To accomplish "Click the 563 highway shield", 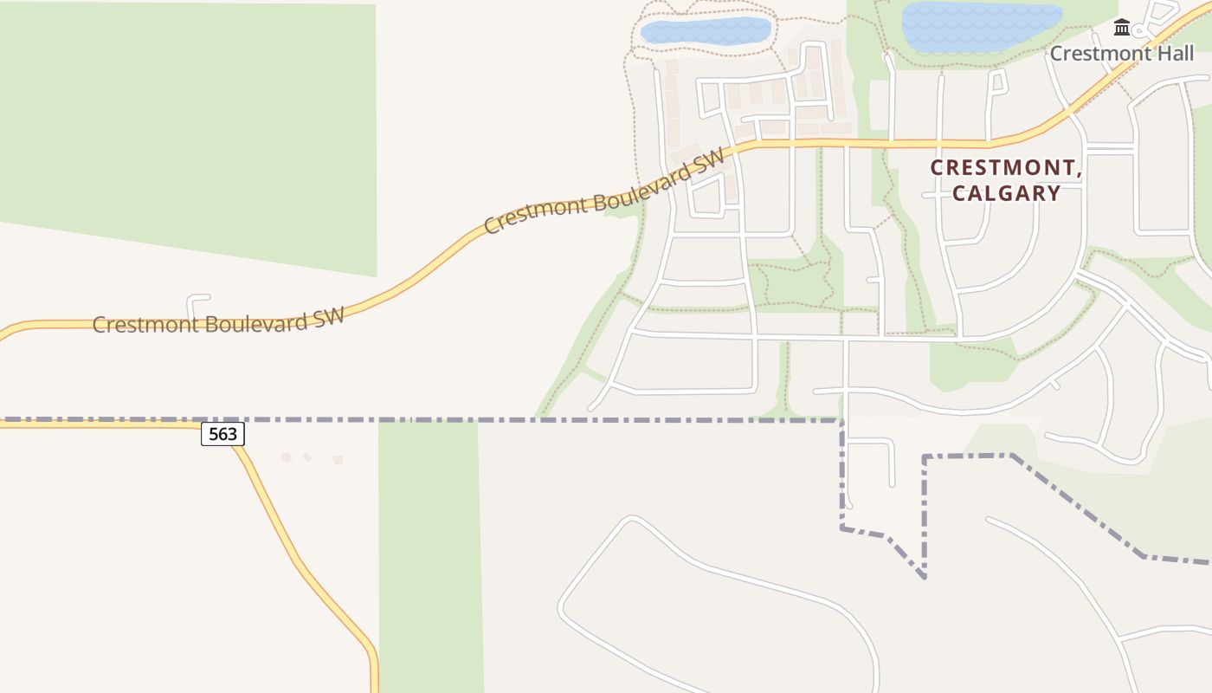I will [222, 434].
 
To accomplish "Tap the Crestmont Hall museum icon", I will [1122, 28].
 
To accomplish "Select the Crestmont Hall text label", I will [1122, 54].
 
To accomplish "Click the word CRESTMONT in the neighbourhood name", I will [1006, 168].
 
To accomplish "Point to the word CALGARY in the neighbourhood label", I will [1007, 193].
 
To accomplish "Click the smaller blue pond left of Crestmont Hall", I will [706, 31].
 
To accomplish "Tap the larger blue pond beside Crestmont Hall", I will [981, 27].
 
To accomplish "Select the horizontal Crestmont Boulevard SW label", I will [218, 320].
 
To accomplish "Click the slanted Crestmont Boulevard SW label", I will [603, 192].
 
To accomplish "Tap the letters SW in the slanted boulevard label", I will [708, 161].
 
